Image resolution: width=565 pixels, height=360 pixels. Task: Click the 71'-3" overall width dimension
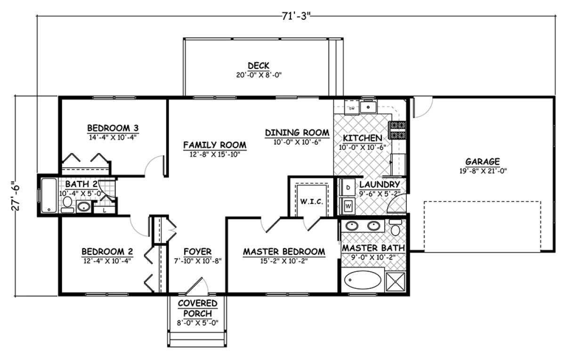tap(296, 16)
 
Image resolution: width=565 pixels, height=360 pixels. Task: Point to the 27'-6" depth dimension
tap(16, 196)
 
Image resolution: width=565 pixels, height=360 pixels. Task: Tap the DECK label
tap(258, 66)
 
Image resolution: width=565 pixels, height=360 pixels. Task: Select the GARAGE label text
tap(482, 161)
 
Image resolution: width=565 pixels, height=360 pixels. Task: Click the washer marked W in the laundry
tap(348, 206)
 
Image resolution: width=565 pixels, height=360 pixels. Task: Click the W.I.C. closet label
tap(312, 202)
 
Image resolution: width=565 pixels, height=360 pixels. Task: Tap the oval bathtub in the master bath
tap(363, 280)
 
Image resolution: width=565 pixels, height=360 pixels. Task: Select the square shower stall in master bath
tap(395, 282)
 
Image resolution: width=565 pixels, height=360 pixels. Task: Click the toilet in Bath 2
tap(67, 205)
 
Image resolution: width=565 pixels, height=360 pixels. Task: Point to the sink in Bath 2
tap(83, 207)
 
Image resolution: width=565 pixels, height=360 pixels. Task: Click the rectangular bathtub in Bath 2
tap(49, 196)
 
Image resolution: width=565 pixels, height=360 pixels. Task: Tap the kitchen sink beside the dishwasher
tap(368, 107)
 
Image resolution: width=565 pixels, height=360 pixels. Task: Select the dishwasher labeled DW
tap(352, 108)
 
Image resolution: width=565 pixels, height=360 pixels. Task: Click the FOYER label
tap(197, 252)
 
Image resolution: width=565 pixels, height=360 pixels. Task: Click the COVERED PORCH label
tap(197, 308)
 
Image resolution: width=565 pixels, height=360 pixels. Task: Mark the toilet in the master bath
tap(395, 228)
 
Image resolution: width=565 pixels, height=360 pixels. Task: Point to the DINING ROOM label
tap(297, 133)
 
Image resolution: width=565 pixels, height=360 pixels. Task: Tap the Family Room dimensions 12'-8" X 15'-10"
tap(215, 155)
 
